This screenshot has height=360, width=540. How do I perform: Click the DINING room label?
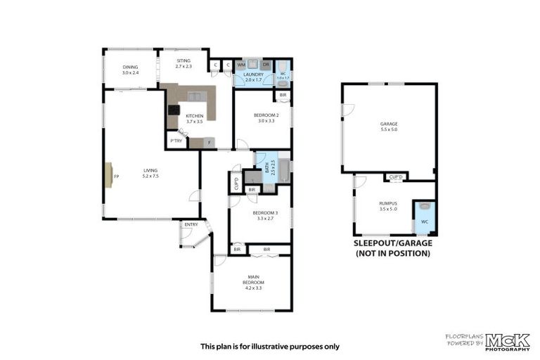coord(130,67)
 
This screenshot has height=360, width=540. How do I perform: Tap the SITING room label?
coord(184,63)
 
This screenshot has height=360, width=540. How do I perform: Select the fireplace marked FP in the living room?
coord(109,175)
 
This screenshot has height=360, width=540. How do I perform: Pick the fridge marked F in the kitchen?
coord(210,143)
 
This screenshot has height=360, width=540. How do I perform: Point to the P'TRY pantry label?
coord(175,141)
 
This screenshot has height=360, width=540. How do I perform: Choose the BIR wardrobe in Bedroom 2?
coord(283,95)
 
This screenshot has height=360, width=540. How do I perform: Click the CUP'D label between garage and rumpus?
coord(395,176)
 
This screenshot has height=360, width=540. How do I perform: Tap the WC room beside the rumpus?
coord(424,217)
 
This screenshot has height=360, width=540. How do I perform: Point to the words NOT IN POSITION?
coord(393,252)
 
